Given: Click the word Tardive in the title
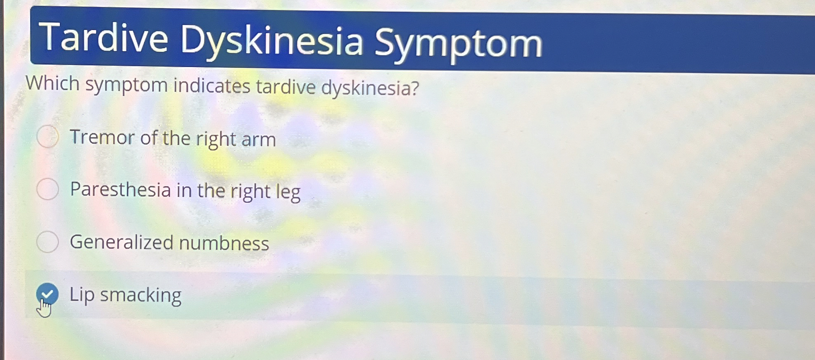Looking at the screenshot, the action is point(103,37).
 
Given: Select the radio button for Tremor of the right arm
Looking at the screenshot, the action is point(48,136).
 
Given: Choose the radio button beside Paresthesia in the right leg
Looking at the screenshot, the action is point(48,189).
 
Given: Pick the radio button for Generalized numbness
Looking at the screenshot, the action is point(48,241).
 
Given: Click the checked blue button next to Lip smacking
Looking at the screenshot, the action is point(47,294).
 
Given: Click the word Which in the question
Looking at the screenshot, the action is point(53,83).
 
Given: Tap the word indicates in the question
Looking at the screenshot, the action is point(212,86).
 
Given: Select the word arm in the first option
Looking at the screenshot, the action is point(259,140).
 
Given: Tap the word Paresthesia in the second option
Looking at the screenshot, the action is point(121,189).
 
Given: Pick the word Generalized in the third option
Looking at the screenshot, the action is point(122,242).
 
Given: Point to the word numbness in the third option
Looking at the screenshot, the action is point(224,243).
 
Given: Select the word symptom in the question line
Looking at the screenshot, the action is point(126,85).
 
